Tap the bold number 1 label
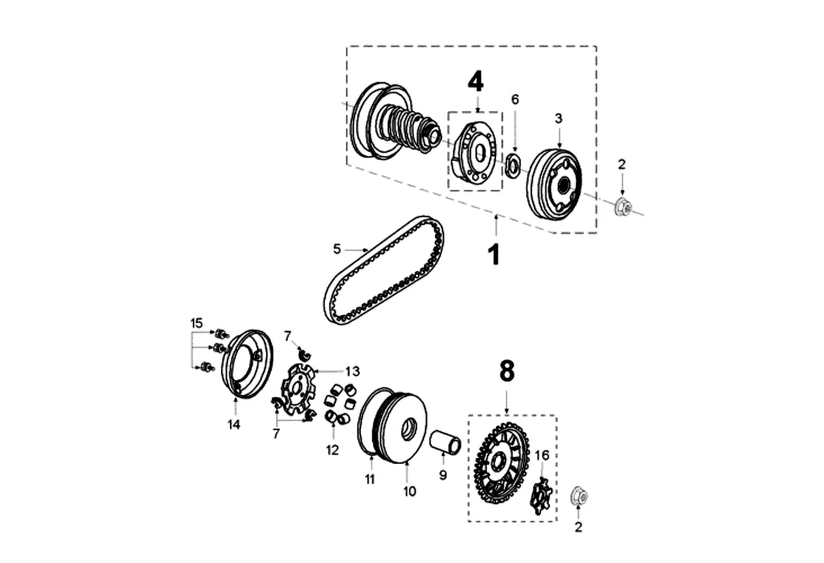point(494,255)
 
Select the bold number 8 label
point(507,372)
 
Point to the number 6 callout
point(515,99)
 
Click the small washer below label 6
point(512,165)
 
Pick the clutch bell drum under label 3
point(554,184)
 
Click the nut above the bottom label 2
point(579,495)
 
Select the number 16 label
point(542,455)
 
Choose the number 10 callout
point(410,491)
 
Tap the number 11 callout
point(370,479)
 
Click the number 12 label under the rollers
point(333,450)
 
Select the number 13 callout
point(353,371)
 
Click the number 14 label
point(234,424)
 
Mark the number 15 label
point(196,323)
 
